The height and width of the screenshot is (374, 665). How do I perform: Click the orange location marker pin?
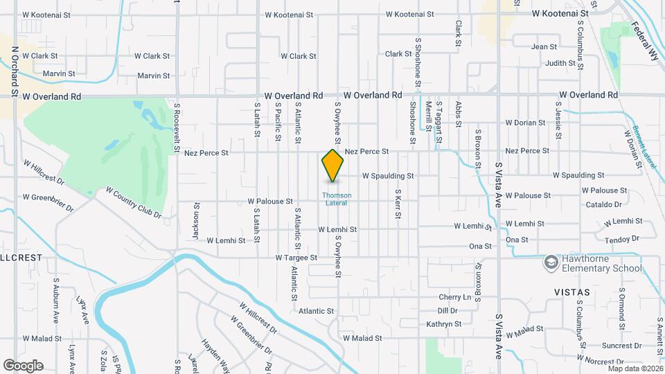332,166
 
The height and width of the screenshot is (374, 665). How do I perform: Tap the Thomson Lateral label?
337,199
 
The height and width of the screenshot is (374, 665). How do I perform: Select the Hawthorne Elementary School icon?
551,262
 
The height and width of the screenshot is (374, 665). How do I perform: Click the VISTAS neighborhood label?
571,292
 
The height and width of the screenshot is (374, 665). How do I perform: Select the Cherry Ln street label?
454,297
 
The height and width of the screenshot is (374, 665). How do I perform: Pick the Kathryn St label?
444,323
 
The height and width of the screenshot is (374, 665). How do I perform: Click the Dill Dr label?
448,311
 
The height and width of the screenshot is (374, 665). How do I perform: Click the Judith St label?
556,63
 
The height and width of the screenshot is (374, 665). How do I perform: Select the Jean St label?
544,47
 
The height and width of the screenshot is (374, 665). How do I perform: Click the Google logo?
23,366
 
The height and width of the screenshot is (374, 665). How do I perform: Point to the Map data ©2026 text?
635,368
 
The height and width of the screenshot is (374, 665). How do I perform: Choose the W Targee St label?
296,258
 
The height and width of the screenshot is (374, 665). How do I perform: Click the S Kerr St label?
398,204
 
